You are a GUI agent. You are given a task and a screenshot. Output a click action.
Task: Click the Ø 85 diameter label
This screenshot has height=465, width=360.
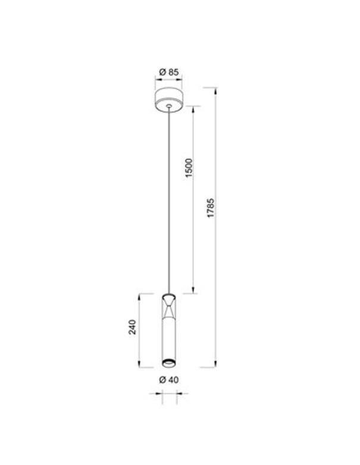click(169, 72)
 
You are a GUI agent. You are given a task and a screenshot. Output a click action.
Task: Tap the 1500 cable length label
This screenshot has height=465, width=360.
click(189, 168)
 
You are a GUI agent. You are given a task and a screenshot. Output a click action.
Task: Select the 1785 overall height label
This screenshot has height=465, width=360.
click(211, 208)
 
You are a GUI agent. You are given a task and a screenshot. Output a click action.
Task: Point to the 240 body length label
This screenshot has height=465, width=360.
click(132, 327)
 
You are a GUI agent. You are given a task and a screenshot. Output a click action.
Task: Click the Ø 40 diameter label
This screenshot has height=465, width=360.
click(169, 379)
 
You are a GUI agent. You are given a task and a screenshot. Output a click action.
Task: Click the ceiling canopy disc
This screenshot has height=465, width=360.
click(168, 100)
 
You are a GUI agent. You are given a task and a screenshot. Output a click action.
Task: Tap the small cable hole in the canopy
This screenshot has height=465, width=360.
click(169, 106)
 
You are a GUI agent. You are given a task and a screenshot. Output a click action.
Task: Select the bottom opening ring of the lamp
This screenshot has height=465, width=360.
click(169, 362)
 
